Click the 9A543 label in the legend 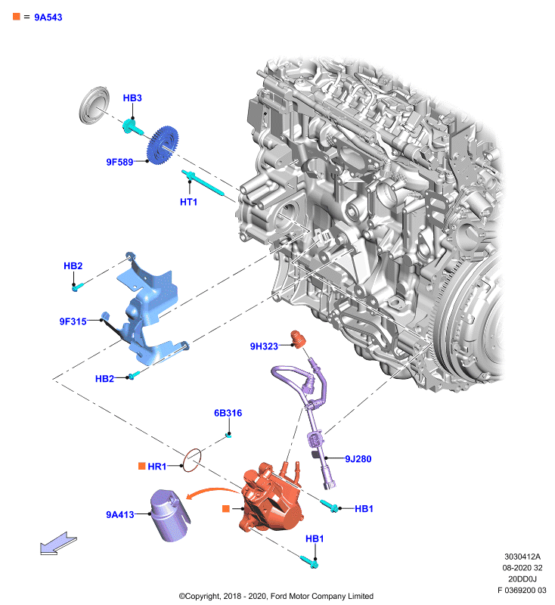48,17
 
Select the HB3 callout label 132,98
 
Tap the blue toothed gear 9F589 163,145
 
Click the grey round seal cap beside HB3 94,105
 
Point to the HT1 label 188,202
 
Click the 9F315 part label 73,321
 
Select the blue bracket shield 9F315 148,309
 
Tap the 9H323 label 264,346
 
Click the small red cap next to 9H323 298,339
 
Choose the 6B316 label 228,413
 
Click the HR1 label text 157,467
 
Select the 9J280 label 358,459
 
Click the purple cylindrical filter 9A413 169,515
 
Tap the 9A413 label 120,515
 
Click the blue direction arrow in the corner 59,543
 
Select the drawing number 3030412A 522,557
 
